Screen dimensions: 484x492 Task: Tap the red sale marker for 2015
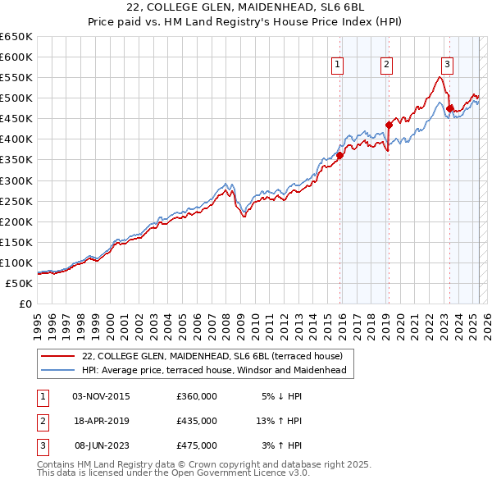click(x=339, y=155)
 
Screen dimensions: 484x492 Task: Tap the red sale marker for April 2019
click(x=389, y=125)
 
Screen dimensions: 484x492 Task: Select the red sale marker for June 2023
click(x=450, y=108)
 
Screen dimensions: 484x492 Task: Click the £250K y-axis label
click(x=17, y=201)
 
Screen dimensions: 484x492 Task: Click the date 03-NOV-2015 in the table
click(x=102, y=396)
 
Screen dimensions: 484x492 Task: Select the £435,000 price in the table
click(x=197, y=421)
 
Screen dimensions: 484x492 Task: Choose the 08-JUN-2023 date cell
click(x=102, y=445)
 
